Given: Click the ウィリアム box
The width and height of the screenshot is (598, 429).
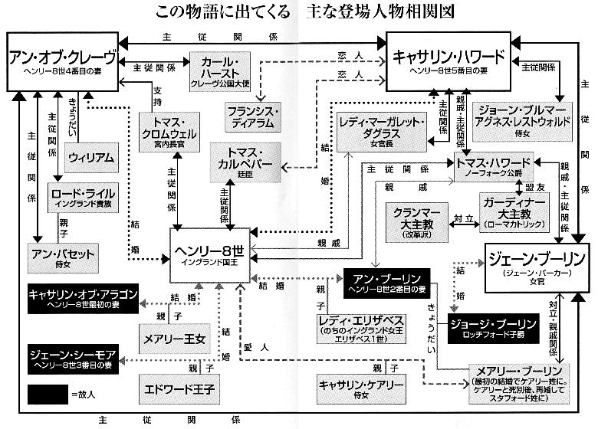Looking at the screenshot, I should pos(91,158).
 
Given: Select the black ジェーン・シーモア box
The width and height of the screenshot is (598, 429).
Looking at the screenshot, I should pos(71,359).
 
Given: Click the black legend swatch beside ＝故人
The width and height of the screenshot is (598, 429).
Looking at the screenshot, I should pos(48,394).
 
